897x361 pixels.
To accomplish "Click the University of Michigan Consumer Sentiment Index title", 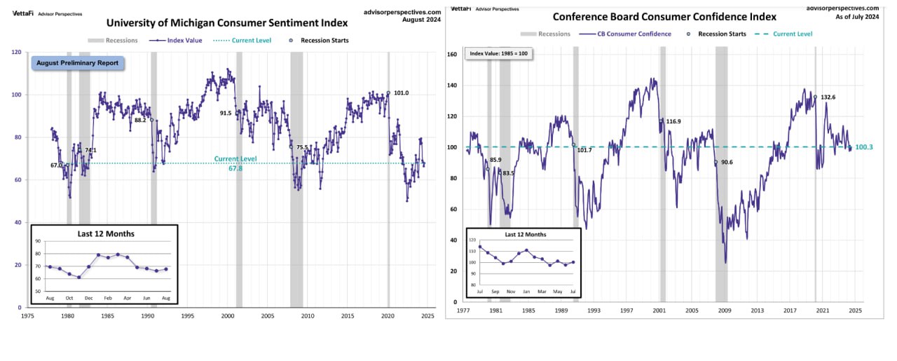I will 226,22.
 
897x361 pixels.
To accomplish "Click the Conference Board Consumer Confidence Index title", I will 664,17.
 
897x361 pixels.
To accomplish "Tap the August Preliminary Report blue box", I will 78,63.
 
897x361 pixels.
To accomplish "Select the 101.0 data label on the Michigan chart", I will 402,93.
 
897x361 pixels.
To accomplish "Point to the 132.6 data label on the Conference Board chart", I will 828,97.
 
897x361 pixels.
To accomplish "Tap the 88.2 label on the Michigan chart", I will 140,120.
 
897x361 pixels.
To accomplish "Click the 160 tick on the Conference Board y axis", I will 452,54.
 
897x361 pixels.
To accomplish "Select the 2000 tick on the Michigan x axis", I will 228,316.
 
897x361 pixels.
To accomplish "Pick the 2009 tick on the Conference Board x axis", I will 724,309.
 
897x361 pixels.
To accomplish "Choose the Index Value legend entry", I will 184,41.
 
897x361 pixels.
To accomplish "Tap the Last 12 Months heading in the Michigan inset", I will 105,233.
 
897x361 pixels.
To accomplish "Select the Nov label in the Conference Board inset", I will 511,291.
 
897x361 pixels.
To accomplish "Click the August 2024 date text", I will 422,20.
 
